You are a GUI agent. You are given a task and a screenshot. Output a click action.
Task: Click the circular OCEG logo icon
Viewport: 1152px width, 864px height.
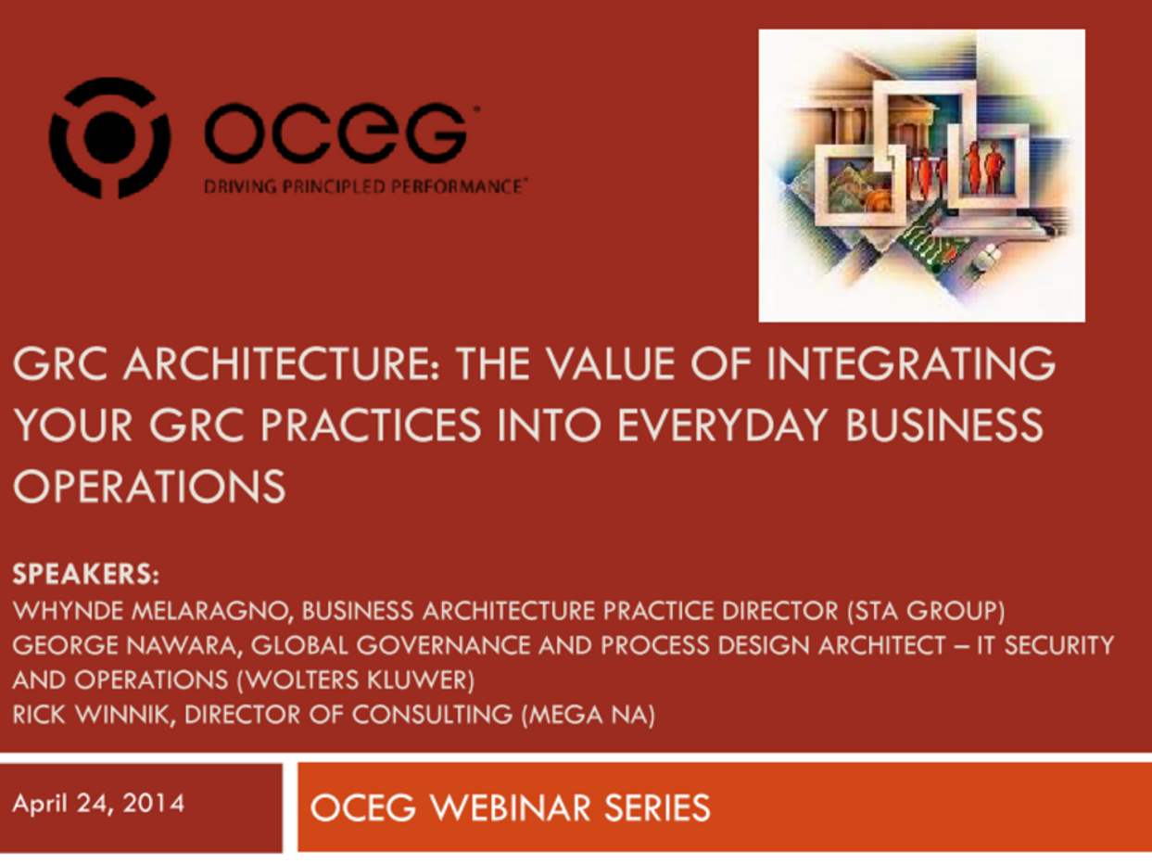(x=109, y=138)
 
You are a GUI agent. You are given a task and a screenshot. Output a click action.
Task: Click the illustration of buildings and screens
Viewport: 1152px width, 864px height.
(x=921, y=175)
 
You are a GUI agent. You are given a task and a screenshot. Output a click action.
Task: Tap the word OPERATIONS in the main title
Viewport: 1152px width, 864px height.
(x=149, y=487)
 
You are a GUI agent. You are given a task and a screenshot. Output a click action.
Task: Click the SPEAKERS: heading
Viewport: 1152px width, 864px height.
(x=86, y=575)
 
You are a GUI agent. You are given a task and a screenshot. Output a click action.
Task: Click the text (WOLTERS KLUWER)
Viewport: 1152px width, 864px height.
(x=356, y=680)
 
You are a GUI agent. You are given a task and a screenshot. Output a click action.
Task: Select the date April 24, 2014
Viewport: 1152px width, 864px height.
(x=98, y=803)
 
